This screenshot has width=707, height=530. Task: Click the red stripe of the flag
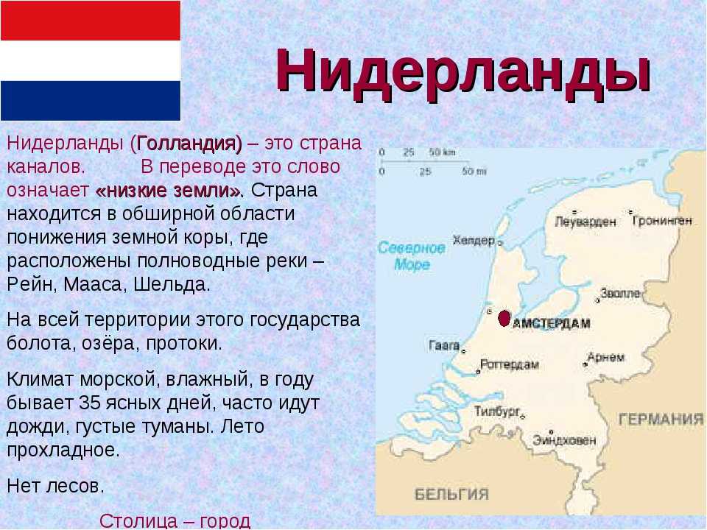coord(90,21)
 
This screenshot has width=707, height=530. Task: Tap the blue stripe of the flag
coord(90,101)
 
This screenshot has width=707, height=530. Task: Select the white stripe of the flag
coord(90,61)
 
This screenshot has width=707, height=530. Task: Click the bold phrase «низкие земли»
coord(169,191)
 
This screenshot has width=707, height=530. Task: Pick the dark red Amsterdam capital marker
coord(504,318)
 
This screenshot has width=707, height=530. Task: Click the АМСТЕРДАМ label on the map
coord(552,323)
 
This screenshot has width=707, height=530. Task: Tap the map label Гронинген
coord(662,220)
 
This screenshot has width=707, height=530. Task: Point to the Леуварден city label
coord(585,222)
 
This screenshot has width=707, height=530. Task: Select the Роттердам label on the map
coord(510,364)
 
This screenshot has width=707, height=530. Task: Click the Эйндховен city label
coord(564,439)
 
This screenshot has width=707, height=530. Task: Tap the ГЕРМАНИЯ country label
coord(661,420)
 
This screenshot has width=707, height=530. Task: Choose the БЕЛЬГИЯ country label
coord(451,495)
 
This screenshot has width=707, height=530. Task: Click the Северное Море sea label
coord(411,255)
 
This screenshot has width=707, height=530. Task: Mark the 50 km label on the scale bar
coord(442,152)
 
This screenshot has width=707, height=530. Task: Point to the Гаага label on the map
coord(444,346)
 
